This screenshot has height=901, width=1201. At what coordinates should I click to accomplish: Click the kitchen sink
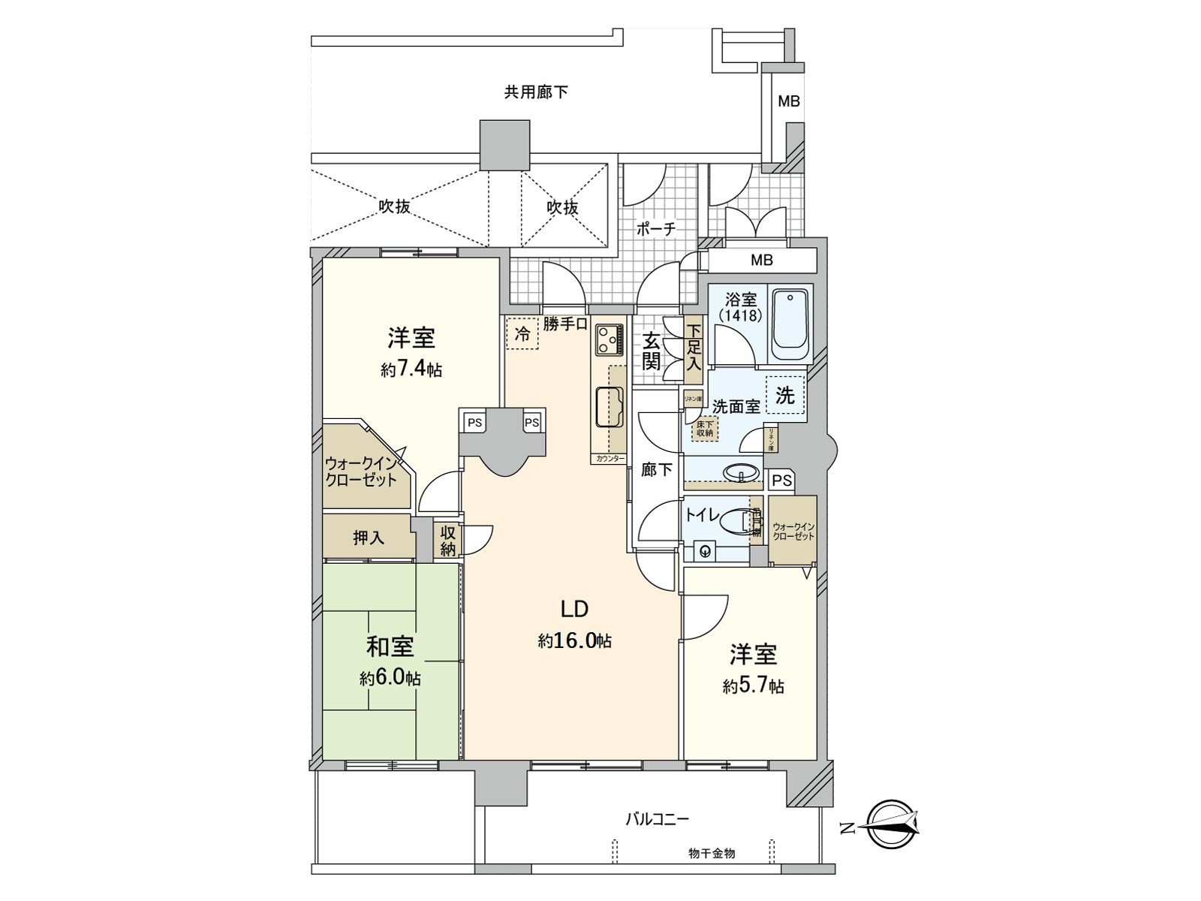pyautogui.click(x=609, y=406)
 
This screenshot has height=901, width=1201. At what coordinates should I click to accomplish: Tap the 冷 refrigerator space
pyautogui.click(x=522, y=334)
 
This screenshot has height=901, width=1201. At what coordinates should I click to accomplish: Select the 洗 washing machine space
pyautogui.click(x=785, y=394)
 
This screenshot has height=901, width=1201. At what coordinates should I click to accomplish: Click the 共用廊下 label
pyautogui.click(x=535, y=92)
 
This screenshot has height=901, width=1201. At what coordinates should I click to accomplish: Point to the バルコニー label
pyautogui.click(x=658, y=818)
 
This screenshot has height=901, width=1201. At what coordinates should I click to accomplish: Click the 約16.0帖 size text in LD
pyautogui.click(x=574, y=640)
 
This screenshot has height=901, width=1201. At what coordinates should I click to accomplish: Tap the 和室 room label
pyautogui.click(x=390, y=646)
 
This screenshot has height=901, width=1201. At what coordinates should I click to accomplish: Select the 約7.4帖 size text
pyautogui.click(x=411, y=369)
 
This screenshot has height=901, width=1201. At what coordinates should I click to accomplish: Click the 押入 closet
pyautogui.click(x=368, y=538)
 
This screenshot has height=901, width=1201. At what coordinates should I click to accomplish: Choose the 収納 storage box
pyautogui.click(x=448, y=541)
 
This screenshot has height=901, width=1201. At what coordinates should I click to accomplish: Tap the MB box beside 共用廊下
pyautogui.click(x=788, y=101)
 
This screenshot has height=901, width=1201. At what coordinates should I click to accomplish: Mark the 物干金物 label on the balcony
pyautogui.click(x=711, y=854)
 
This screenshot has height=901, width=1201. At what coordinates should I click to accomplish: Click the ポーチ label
pyautogui.click(x=657, y=229)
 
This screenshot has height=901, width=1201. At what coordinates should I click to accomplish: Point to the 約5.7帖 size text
pyautogui.click(x=754, y=686)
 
